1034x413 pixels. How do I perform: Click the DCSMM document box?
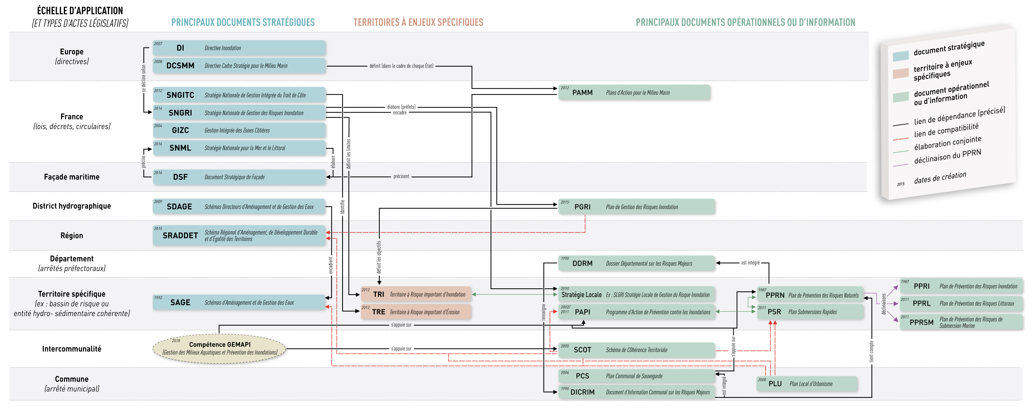click(239, 65)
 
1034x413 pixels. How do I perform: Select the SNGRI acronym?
click(180, 113)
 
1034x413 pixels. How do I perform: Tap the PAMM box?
click(634, 93)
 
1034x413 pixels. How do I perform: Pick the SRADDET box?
click(239, 235)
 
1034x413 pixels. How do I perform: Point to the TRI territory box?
click(416, 294)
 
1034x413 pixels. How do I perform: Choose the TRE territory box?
click(416, 312)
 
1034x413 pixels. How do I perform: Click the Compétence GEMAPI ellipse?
click(219, 348)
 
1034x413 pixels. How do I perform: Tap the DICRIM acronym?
click(583, 392)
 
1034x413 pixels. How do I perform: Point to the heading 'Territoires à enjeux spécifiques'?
click(418, 22)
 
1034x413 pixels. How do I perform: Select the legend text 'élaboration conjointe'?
click(947, 143)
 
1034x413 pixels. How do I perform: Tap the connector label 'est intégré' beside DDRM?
click(750, 263)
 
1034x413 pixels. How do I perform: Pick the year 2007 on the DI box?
click(158, 44)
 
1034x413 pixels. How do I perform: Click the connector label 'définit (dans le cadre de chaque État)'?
click(401, 66)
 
